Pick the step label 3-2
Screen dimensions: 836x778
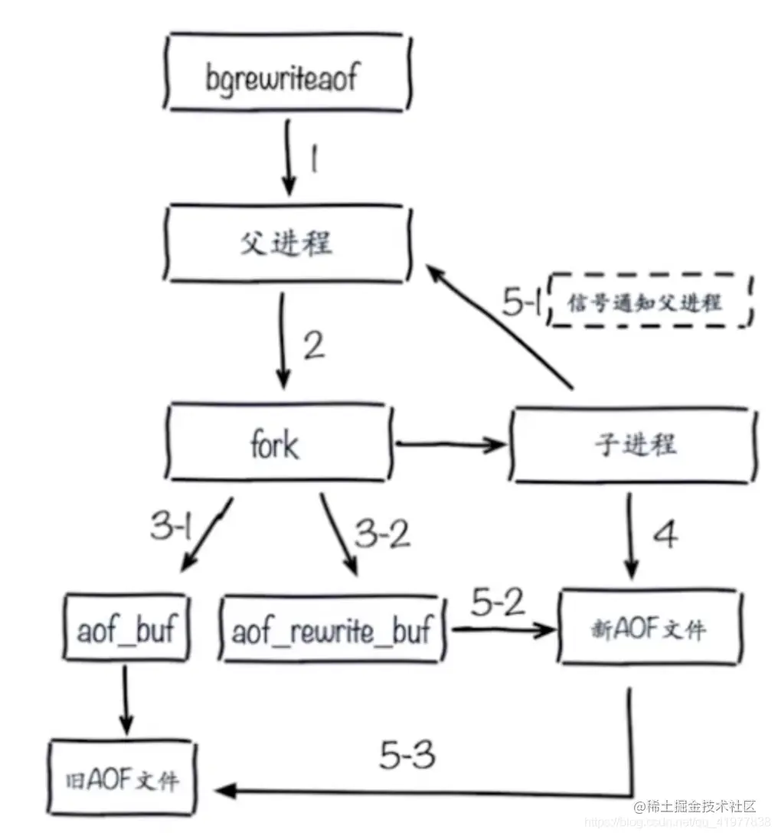coord(381,534)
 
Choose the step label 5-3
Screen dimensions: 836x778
coord(407,756)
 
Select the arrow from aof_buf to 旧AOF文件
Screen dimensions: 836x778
coord(125,700)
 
